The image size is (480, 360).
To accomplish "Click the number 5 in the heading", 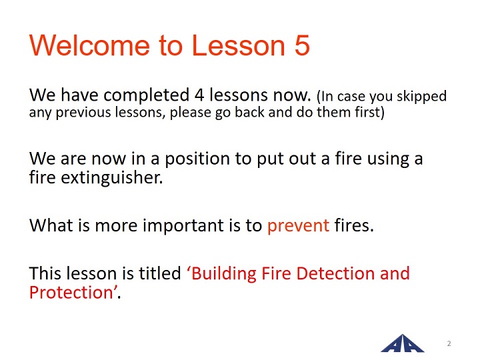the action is tap(301, 45).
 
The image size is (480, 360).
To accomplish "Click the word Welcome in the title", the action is tap(89, 45).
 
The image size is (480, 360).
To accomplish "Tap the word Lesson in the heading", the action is tap(238, 45).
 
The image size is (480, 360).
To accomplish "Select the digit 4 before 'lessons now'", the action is tap(199, 95).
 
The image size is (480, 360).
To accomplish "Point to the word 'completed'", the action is tap(146, 95).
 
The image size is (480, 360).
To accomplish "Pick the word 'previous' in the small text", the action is tap(83, 113).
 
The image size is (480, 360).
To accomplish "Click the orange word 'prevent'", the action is tap(299, 226).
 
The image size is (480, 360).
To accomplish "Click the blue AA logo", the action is tap(402, 343).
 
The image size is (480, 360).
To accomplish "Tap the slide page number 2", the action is tap(449, 343).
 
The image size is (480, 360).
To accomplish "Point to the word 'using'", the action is tap(388, 159).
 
